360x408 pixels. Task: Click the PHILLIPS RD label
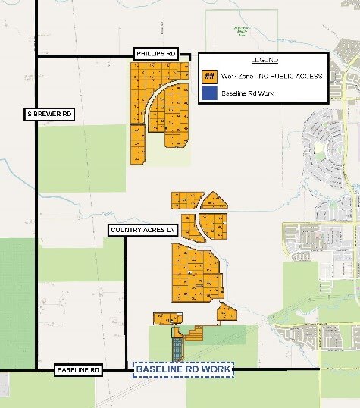pos(156,54)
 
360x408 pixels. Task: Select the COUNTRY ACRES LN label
pos(143,229)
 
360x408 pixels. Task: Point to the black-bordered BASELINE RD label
pos(77,370)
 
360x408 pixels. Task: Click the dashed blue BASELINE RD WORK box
pos(184,369)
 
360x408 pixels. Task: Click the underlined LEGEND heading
pos(264,60)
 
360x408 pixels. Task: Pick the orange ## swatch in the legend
pos(210,77)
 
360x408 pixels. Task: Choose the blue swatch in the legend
pos(210,94)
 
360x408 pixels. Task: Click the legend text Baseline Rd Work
pos(243,94)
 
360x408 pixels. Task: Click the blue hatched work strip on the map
pos(177,350)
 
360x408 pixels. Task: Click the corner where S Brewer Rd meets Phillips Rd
pos(36,55)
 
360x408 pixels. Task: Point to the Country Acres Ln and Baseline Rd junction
pos(125,370)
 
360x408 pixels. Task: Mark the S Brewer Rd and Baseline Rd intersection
pos(36,370)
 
